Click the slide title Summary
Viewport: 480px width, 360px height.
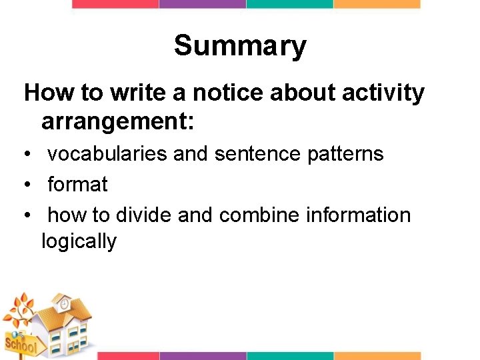pos(240,47)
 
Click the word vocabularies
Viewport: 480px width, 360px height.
pos(107,154)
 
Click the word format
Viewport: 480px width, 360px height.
pos(77,184)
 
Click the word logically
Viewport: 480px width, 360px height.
pos(79,241)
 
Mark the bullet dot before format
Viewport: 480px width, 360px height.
pos(25,185)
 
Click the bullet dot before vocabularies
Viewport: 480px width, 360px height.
pos(25,155)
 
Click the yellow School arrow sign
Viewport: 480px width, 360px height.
pos(20,345)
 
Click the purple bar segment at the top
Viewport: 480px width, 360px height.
pos(202,4)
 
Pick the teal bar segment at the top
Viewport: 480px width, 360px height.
pos(289,4)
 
